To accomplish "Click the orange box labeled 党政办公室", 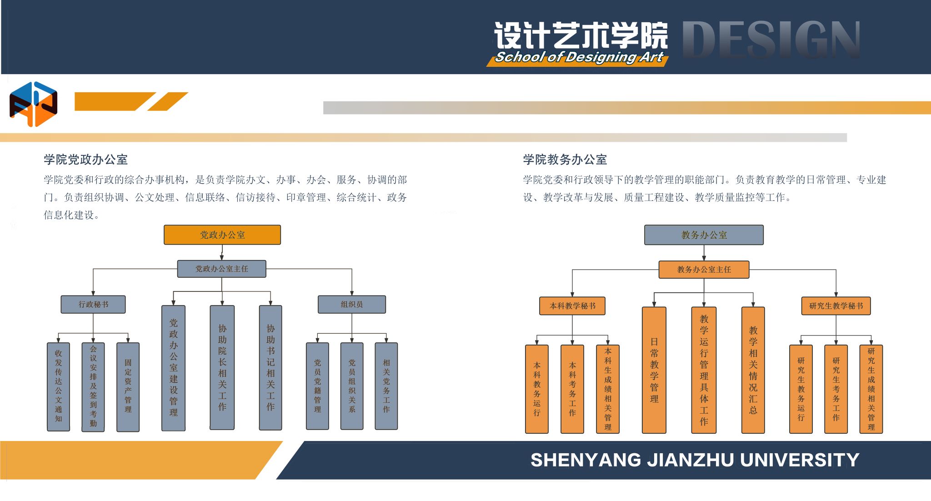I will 222,235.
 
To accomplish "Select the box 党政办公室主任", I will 221,269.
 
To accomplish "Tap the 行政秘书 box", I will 93,304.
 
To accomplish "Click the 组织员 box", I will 351,304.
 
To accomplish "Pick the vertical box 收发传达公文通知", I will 59,386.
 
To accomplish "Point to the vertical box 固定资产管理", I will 128,386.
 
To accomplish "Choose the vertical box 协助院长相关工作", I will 222,367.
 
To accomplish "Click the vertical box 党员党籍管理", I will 317,386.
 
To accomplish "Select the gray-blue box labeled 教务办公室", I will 704,235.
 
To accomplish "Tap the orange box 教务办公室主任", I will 704,270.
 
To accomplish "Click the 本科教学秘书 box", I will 572,306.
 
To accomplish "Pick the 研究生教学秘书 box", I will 836,306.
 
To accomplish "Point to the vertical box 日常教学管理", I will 654,370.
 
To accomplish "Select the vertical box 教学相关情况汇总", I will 753,370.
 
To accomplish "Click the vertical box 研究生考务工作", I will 836,389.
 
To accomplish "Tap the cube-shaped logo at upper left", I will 33,104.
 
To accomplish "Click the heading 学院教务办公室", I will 565,160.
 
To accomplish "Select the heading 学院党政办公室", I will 85,160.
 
